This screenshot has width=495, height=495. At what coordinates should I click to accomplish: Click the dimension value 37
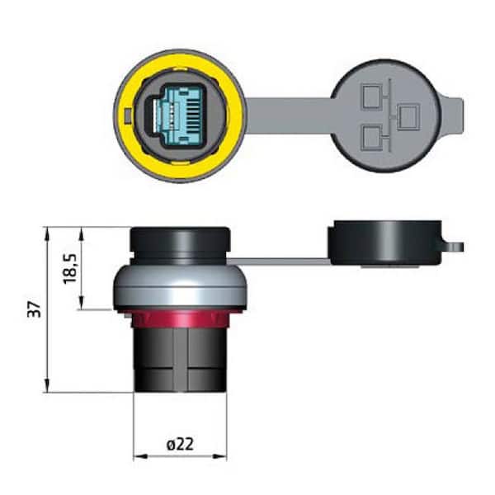point(34,309)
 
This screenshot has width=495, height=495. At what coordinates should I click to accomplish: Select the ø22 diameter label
point(180,444)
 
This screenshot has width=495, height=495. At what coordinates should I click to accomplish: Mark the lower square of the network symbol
point(372,134)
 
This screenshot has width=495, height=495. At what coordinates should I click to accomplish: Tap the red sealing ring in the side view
point(180,318)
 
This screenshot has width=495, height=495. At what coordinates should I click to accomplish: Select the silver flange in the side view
point(179,289)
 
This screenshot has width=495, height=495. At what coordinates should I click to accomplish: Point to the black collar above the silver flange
point(179,246)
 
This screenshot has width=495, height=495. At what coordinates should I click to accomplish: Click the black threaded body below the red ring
point(179,359)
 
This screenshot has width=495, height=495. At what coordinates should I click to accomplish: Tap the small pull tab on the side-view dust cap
point(456,246)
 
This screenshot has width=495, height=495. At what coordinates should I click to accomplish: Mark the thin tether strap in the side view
point(280,262)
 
